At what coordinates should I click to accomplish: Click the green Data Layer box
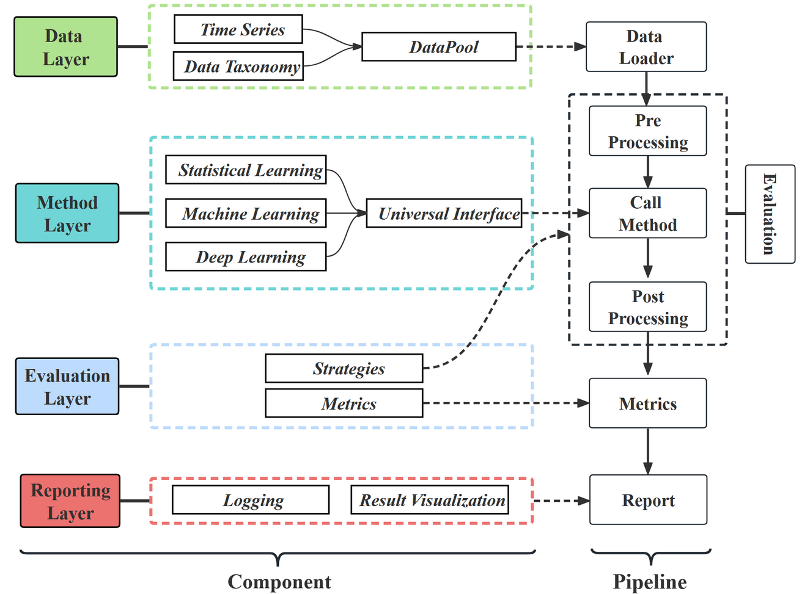(65, 47)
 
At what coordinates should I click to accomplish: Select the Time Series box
(238, 29)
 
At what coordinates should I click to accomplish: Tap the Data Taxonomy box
(238, 67)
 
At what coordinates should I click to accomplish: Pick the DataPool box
(439, 47)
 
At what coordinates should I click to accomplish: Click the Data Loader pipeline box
(646, 47)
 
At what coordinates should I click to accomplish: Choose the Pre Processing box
(648, 131)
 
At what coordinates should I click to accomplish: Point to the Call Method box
(648, 213)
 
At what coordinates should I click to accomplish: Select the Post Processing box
(648, 307)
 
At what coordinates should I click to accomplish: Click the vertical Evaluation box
(770, 214)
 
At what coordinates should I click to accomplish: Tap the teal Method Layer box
(67, 214)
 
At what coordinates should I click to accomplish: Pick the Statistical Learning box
(246, 170)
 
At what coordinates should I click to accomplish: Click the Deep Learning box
(246, 257)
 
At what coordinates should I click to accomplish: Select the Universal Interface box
(444, 214)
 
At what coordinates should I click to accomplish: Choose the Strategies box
(344, 369)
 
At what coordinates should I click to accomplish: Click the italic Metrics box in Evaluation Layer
(344, 404)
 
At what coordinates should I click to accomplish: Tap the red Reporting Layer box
(70, 501)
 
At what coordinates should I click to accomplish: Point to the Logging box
(251, 500)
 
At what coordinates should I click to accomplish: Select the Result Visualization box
(430, 500)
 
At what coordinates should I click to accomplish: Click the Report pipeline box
(648, 500)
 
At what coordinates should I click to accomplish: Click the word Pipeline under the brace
(650, 582)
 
